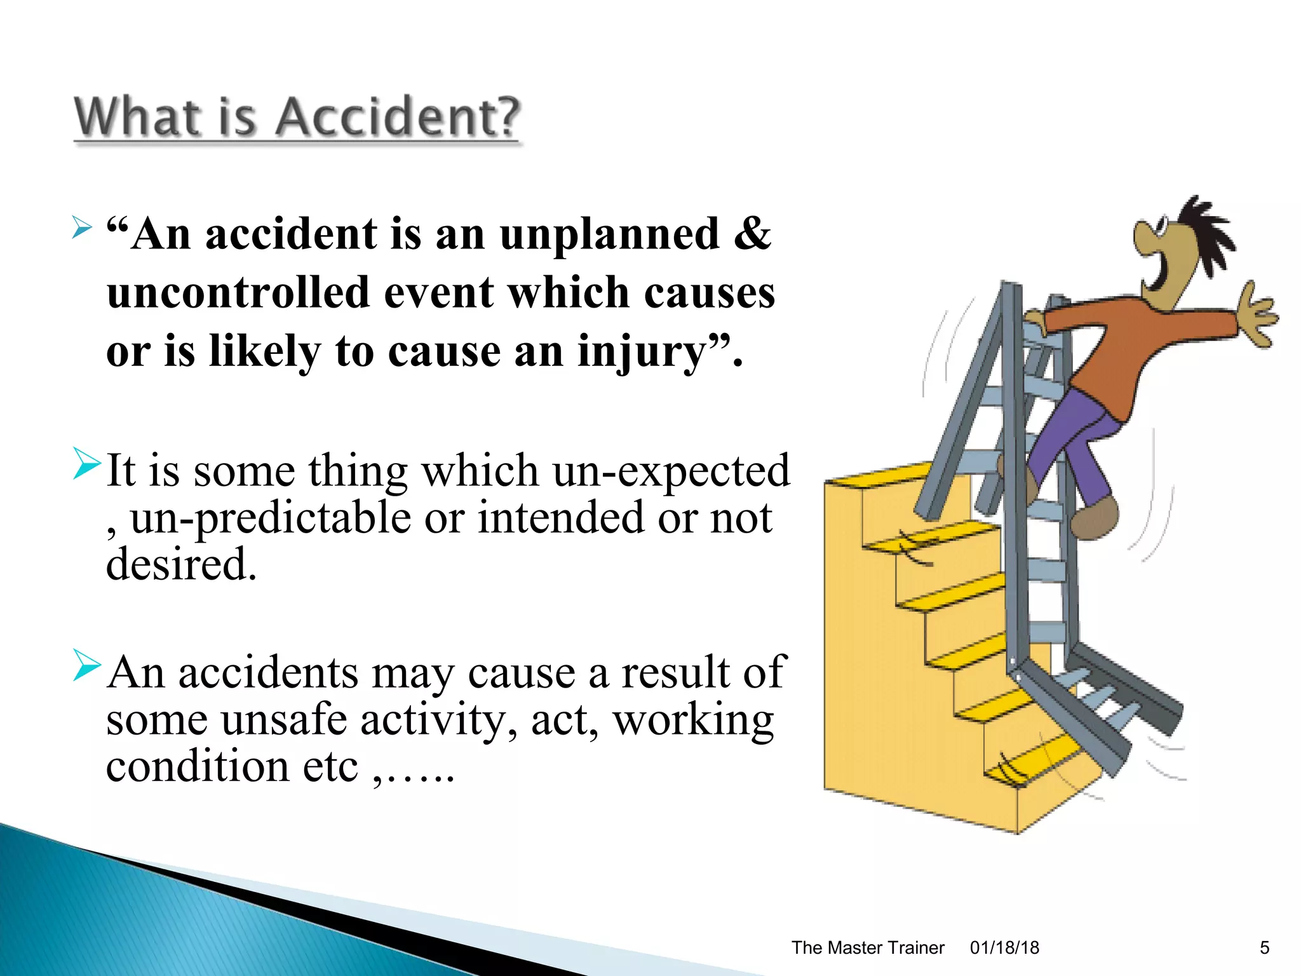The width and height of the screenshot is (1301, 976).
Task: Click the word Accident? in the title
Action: (398, 118)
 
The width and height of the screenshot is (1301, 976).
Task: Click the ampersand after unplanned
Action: (752, 234)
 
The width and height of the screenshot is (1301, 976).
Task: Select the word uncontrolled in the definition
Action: (238, 293)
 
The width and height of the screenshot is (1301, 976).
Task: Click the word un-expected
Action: (671, 471)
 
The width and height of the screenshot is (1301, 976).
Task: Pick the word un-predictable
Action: (271, 518)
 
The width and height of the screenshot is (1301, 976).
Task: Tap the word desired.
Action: (181, 564)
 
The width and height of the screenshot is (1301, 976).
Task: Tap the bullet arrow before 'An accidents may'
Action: (86, 665)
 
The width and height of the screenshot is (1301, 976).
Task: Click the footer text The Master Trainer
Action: (867, 948)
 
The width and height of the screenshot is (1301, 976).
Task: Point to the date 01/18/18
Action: (1004, 948)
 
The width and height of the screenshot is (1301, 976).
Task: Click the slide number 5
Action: (1264, 948)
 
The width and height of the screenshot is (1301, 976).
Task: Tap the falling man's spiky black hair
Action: (1204, 232)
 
